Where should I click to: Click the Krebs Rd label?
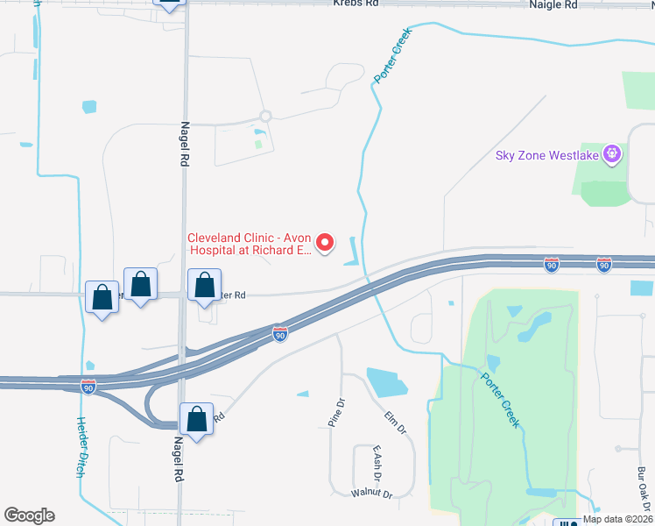click(x=356, y=4)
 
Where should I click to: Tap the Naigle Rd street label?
click(x=554, y=4)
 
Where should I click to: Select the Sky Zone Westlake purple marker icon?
click(x=611, y=155)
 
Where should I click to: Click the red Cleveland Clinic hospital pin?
click(x=325, y=242)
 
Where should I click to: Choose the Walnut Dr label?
click(x=370, y=494)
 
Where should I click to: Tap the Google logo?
click(x=29, y=515)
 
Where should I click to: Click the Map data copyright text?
click(x=618, y=519)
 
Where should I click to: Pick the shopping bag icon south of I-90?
click(x=197, y=419)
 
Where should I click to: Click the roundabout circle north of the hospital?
click(x=265, y=116)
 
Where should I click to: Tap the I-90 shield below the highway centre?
click(x=278, y=335)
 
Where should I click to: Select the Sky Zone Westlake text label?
click(x=546, y=156)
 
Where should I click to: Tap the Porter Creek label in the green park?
click(x=501, y=400)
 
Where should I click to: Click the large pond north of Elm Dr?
click(x=386, y=383)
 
